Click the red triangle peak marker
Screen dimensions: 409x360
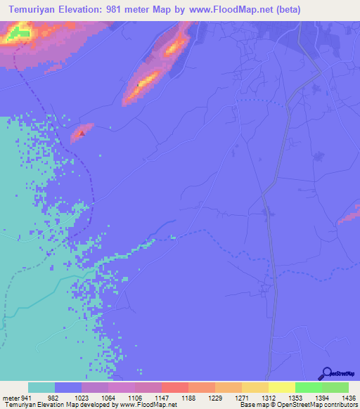pyautogui.click(x=82, y=132)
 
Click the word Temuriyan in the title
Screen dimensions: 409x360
pyautogui.click(x=35, y=9)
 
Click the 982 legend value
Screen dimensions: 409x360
pyautogui.click(x=53, y=398)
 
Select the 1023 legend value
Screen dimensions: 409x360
pyautogui.click(x=82, y=398)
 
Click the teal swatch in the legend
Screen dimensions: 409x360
pyautogui.click(x=41, y=387)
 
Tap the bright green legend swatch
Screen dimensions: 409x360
pyautogui.click(x=309, y=387)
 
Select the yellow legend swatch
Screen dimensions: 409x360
pyautogui.click(x=282, y=387)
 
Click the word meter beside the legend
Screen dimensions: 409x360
pyautogui.click(x=9, y=398)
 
